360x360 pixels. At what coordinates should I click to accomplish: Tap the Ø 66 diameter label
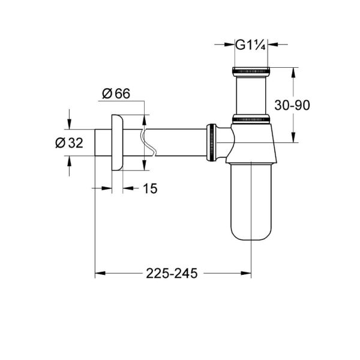pos(116,93)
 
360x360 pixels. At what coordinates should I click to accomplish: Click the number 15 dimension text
pos(150,188)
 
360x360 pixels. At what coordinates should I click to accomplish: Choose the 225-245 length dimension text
pos(173,273)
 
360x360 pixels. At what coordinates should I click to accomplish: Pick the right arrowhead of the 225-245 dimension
pos(247,273)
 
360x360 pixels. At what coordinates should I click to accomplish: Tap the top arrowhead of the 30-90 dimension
pos(293,73)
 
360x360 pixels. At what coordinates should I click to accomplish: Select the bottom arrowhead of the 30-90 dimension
pos(293,139)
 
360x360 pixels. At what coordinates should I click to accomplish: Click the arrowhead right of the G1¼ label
pos(274,44)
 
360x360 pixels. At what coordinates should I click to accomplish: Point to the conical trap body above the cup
pos(251,147)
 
